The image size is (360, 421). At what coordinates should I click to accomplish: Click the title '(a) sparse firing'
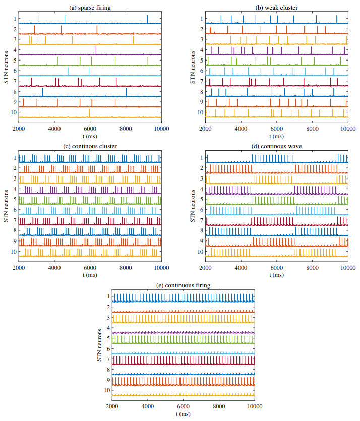click(x=90, y=7)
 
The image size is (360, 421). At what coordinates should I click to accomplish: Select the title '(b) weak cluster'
click(x=276, y=7)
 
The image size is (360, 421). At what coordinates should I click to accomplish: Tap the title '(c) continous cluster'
click(x=90, y=146)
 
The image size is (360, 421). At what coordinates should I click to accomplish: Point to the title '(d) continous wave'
click(x=276, y=146)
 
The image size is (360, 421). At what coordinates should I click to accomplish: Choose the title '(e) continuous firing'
click(x=183, y=285)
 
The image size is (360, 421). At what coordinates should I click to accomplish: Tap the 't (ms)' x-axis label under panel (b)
click(x=276, y=135)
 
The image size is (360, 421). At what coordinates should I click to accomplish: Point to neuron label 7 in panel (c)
click(x=16, y=220)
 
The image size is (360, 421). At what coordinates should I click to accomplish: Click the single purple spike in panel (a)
click(x=96, y=50)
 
